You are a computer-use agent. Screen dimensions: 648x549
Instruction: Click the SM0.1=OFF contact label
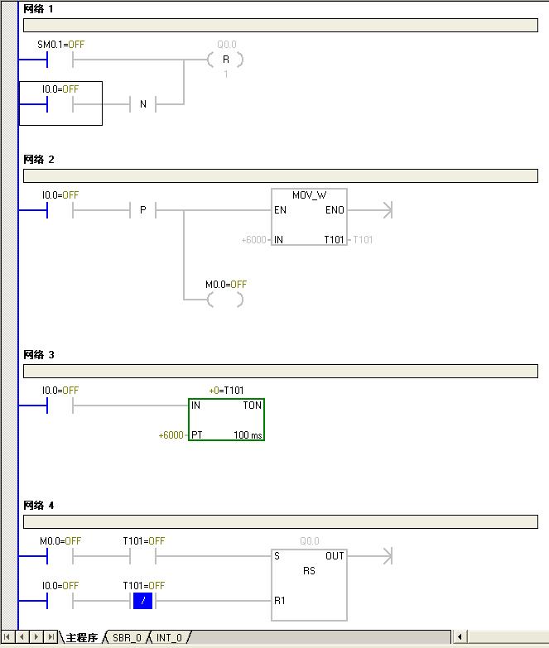[x=60, y=43]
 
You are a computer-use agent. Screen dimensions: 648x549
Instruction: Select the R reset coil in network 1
[x=225, y=60]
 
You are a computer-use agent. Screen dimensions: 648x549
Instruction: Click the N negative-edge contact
[x=142, y=104]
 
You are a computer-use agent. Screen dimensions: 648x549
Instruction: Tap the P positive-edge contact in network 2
[x=142, y=211]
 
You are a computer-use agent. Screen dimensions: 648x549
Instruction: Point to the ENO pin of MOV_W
[x=335, y=211]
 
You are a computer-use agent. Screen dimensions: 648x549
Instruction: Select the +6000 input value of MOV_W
[x=253, y=240]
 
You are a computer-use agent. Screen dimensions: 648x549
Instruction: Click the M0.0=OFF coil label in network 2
[x=226, y=285]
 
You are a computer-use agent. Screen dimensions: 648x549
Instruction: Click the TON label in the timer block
[x=252, y=406]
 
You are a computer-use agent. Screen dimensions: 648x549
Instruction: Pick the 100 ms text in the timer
[x=248, y=434]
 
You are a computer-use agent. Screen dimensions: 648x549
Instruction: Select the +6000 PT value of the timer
[x=171, y=434]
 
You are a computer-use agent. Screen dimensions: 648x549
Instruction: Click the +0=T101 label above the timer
[x=226, y=391]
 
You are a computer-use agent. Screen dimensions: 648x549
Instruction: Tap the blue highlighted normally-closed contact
[x=142, y=600]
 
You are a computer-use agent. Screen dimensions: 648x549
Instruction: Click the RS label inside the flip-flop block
[x=309, y=571]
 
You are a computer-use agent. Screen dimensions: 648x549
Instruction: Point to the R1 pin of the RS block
[x=280, y=600]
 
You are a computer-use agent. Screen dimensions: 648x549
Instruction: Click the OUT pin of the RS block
[x=335, y=556]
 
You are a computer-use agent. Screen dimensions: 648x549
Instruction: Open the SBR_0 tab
[x=127, y=638]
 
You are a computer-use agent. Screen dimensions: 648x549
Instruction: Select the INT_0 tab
[x=169, y=638]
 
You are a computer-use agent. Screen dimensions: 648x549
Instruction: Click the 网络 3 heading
[x=39, y=355]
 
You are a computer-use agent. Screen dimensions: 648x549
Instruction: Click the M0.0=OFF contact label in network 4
[x=60, y=541]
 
